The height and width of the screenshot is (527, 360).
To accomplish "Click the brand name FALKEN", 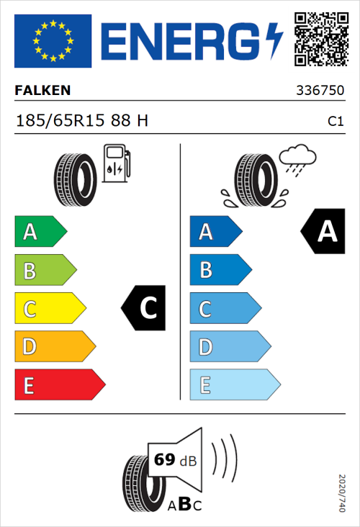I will (42, 91).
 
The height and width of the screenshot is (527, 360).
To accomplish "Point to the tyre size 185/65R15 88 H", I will (81, 120).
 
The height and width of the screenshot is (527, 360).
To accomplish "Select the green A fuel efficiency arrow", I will (40, 232).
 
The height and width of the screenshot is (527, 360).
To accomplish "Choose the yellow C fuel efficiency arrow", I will (49, 309).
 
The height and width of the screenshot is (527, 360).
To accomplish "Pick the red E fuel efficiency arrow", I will (59, 385).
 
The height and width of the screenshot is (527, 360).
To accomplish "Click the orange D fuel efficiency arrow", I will (54, 347).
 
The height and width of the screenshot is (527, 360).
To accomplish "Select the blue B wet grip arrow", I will (219, 270).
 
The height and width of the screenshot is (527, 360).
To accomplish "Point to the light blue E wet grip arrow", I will (233, 385).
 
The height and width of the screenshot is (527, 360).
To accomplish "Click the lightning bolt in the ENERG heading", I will (274, 40).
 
